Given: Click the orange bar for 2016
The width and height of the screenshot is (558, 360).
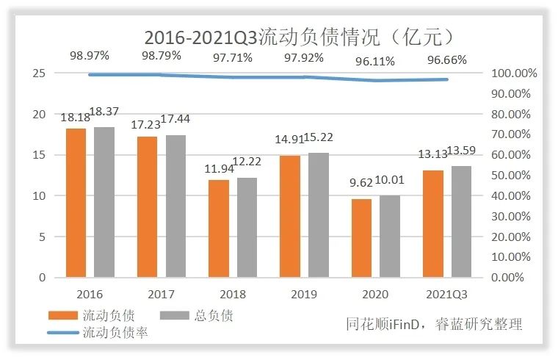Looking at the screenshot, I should pyautogui.click(x=76, y=203).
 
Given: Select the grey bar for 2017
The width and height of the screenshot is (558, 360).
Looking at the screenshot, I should pyautogui.click(x=175, y=206).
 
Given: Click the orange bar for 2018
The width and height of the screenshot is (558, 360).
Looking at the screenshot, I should pyautogui.click(x=219, y=228).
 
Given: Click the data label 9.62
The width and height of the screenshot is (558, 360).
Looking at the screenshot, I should pyautogui.click(x=360, y=181).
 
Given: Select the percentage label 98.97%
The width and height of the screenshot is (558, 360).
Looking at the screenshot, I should pyautogui.click(x=90, y=55).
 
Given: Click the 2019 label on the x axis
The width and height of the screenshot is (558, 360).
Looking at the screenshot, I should pyautogui.click(x=304, y=295).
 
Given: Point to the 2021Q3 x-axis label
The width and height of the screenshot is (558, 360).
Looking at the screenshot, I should pyautogui.click(x=447, y=295).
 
